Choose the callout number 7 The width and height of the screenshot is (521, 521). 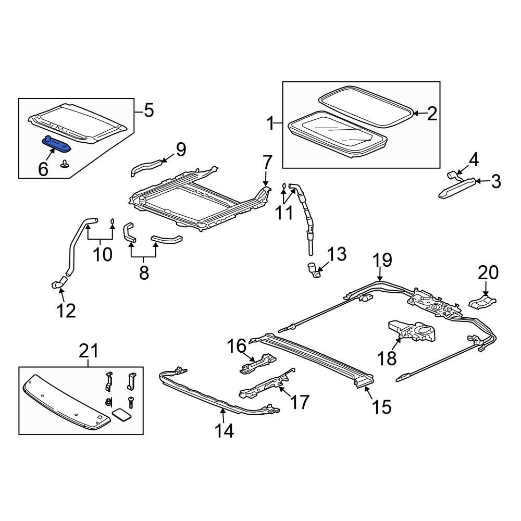(x=266, y=162)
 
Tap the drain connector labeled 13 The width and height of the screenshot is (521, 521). (x=314, y=269)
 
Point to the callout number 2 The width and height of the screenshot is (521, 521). (x=431, y=113)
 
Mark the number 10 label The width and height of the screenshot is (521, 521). (x=103, y=254)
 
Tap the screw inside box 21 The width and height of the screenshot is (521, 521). (x=130, y=403)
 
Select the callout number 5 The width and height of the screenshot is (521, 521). (x=148, y=110)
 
